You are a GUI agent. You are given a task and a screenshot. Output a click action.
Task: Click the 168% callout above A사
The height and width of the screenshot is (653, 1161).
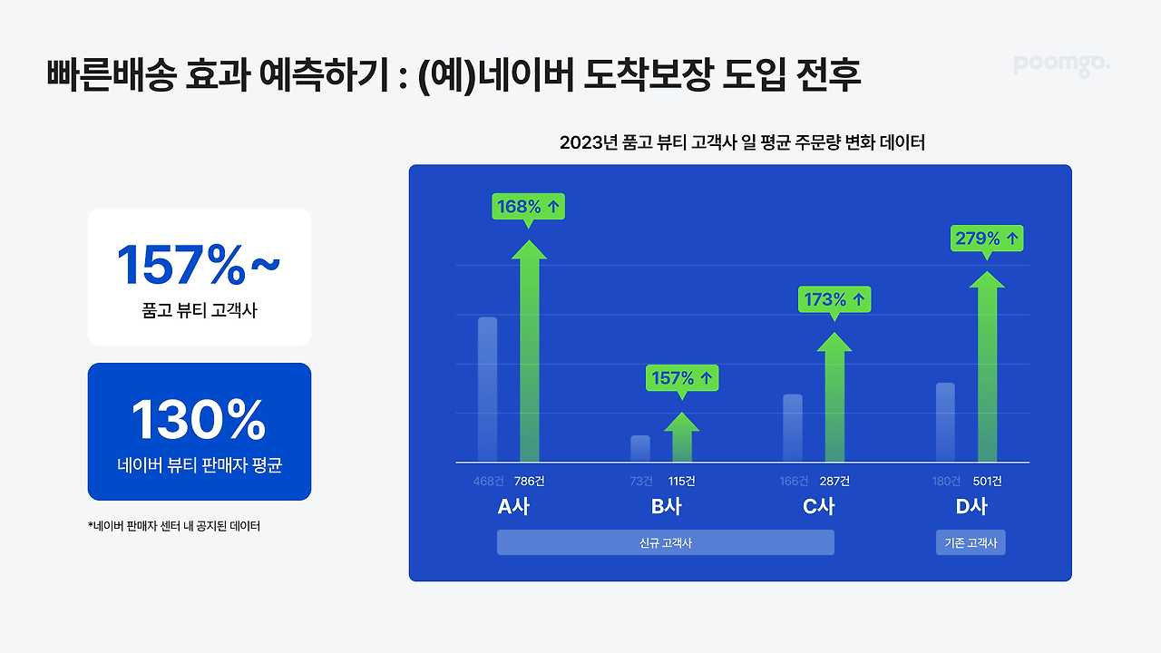[528, 207]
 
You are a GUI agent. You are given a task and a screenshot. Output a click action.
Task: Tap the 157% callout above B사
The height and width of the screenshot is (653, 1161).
[682, 378]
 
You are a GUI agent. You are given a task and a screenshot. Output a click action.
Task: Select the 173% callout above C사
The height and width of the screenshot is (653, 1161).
[834, 299]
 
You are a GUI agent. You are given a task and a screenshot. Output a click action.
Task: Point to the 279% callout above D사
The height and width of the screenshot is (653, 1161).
[987, 239]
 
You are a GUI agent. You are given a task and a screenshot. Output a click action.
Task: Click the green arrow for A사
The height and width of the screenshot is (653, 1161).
[529, 351]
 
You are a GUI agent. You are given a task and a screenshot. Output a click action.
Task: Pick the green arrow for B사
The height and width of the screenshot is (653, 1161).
[682, 437]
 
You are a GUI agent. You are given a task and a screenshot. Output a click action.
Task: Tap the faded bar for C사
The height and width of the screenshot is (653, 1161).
[793, 428]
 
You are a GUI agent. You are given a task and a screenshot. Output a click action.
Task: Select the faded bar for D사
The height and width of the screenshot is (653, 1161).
[945, 423]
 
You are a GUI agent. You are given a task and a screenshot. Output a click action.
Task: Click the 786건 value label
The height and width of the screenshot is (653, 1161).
[529, 482]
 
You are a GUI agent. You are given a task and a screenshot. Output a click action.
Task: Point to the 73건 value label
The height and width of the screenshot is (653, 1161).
[641, 482]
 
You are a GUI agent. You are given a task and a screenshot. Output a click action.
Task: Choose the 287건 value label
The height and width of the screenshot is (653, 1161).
[834, 482]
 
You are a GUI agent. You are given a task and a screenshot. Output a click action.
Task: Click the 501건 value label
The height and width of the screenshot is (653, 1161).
[988, 482]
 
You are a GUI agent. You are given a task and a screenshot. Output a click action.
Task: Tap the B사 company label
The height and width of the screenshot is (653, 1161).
[667, 506]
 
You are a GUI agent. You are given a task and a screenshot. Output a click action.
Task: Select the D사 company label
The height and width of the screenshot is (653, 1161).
[971, 506]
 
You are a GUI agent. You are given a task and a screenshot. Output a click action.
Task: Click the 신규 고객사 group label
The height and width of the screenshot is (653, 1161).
[666, 542]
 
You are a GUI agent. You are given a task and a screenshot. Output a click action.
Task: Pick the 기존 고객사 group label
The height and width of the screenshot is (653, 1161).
[971, 542]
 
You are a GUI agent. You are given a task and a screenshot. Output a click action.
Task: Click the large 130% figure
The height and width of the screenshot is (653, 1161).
[199, 420]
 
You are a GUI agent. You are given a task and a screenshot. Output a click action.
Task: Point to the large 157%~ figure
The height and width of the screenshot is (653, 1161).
[199, 265]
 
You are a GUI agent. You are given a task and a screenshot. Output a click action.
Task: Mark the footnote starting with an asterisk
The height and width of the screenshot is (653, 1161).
[174, 526]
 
